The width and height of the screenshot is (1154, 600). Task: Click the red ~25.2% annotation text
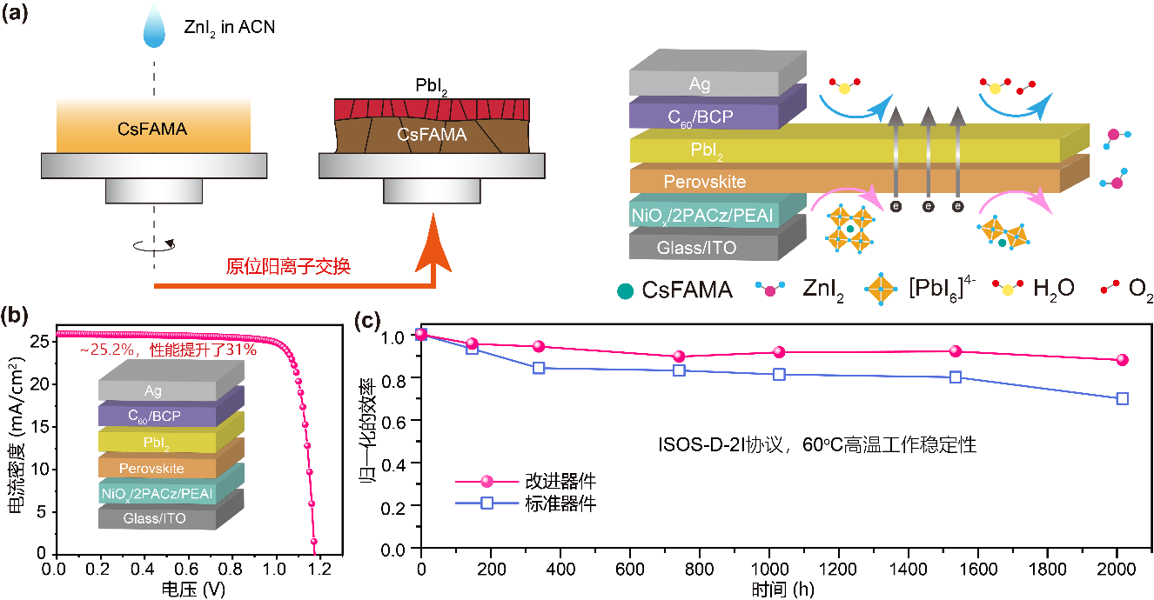(158, 350)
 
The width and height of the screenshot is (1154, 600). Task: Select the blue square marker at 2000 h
(1122, 398)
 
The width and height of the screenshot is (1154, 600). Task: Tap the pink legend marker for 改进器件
(486, 481)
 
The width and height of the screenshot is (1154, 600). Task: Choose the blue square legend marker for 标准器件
(486, 502)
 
